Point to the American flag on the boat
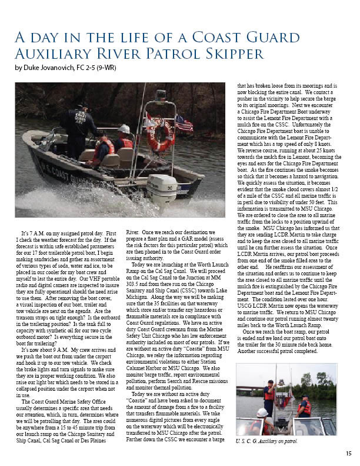(184, 124)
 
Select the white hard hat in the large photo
(124, 129)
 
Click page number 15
(348, 452)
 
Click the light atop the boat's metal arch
(161, 94)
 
